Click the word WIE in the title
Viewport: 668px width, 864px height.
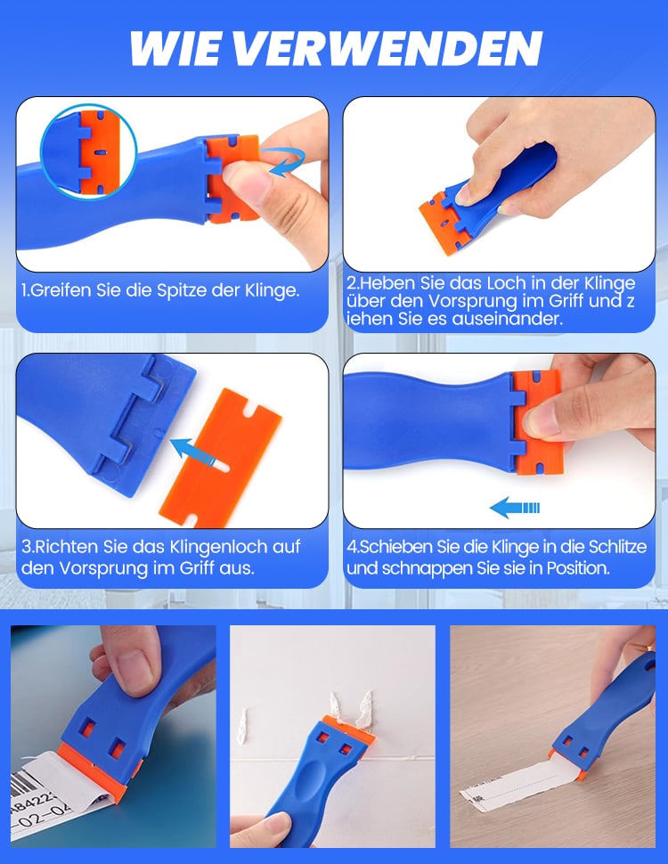click(175, 48)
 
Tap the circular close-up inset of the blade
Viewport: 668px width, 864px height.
click(88, 152)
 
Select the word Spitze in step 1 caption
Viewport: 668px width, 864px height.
click(182, 290)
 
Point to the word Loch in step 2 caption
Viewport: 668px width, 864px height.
click(505, 283)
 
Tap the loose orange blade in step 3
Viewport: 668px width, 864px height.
click(221, 457)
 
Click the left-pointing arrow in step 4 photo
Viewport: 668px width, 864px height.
click(515, 508)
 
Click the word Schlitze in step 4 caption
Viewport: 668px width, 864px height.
click(617, 547)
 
